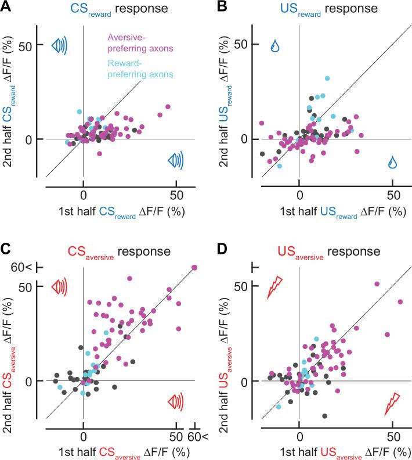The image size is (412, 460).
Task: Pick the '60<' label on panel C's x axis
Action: coord(195,436)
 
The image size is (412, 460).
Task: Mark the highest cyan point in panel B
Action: coord(327,78)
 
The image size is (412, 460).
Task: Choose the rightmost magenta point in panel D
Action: coord(400,302)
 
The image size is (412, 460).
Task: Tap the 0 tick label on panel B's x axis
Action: coord(299,195)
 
